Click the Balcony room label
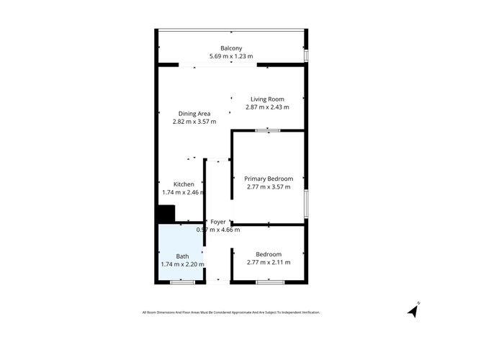(231, 48)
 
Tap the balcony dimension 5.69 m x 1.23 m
(231, 56)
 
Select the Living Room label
(267, 99)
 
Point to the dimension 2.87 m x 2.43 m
(267, 107)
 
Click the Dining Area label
(194, 114)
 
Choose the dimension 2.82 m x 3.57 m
(194, 122)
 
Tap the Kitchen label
(184, 184)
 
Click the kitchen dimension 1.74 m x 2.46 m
(184, 192)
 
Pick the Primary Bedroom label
(269, 179)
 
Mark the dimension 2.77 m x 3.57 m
(269, 186)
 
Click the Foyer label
(218, 222)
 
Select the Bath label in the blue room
(182, 256)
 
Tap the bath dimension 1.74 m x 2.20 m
(182, 264)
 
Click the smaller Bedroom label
(269, 254)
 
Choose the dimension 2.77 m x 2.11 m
(269, 262)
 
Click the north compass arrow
(413, 310)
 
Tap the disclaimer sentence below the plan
(230, 312)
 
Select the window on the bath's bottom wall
(182, 282)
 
